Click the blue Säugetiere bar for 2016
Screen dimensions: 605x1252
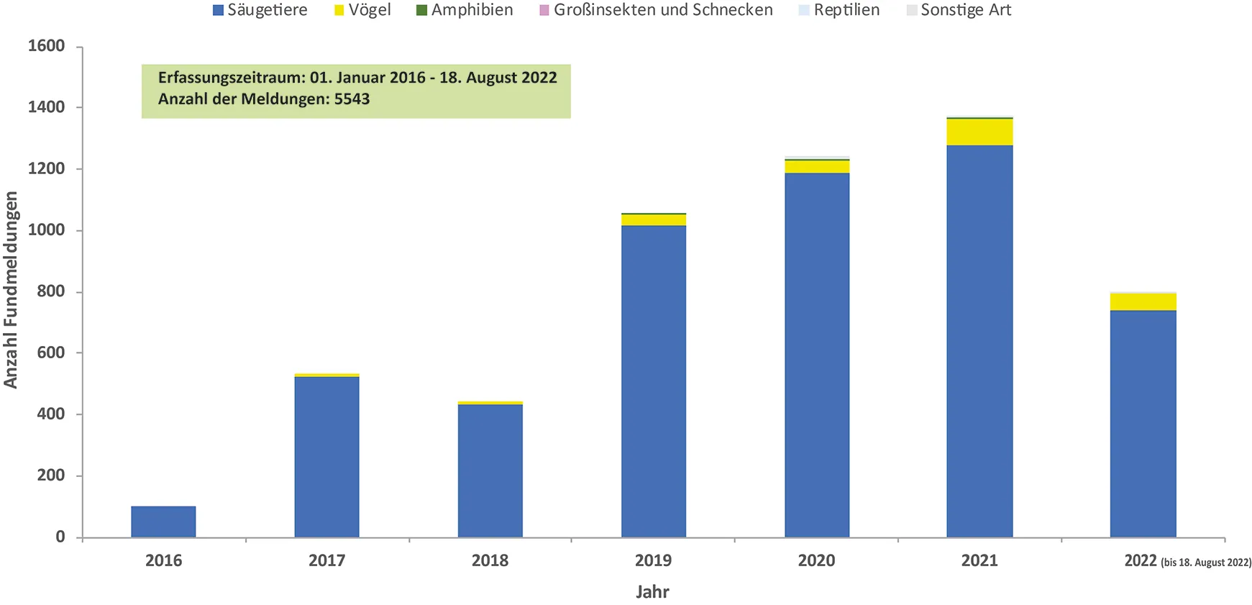click(x=163, y=522)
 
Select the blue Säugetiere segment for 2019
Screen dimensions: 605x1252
click(x=653, y=381)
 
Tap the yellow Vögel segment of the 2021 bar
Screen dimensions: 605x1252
click(x=979, y=132)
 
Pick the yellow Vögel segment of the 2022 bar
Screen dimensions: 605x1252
click(x=1143, y=301)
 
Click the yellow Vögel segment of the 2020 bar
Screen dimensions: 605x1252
click(x=816, y=167)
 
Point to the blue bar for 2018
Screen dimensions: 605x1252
click(x=490, y=470)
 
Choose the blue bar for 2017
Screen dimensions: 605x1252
click(x=326, y=457)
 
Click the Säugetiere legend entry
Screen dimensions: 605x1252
click(x=260, y=10)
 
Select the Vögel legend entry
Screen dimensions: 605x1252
click(x=362, y=10)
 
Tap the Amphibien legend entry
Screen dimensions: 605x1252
click(x=465, y=10)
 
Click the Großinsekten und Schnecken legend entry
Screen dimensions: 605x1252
click(x=655, y=10)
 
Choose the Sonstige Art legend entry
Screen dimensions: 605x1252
click(x=959, y=10)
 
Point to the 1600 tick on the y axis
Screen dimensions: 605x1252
click(x=46, y=46)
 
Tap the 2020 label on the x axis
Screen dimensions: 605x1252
click(x=816, y=560)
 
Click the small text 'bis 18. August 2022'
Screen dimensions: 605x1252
click(x=1206, y=563)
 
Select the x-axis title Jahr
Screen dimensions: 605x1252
click(x=652, y=592)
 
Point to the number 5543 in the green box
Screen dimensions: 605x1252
click(x=352, y=99)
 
